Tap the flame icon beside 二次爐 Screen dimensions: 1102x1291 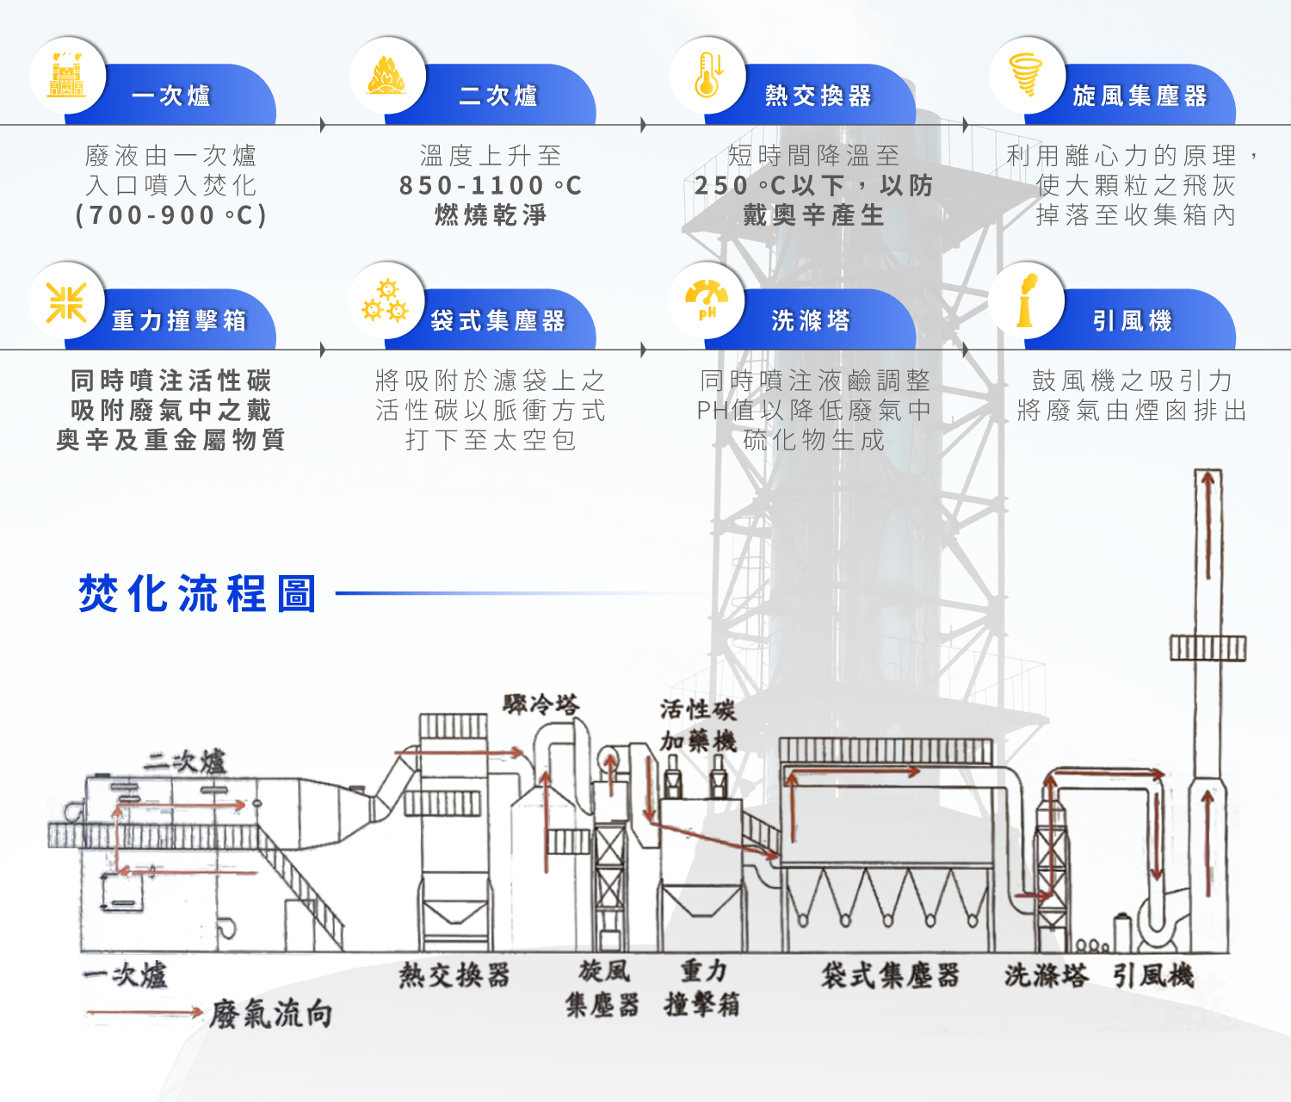[x=387, y=76]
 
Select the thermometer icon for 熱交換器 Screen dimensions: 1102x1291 [x=707, y=76]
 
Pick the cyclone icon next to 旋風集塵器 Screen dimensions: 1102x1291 [x=1027, y=76]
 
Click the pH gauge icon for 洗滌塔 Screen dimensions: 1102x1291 [x=707, y=300]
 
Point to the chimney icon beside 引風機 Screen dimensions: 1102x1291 [x=1027, y=300]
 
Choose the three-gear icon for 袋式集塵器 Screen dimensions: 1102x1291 [x=386, y=300]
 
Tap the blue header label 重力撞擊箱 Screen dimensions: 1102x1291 [x=179, y=321]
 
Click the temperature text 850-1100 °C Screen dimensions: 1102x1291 [x=491, y=185]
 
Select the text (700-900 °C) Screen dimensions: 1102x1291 [x=171, y=214]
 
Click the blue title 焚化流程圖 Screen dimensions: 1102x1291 [x=198, y=594]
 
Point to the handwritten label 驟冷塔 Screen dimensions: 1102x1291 [x=541, y=705]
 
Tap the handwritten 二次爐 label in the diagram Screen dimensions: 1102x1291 [x=184, y=762]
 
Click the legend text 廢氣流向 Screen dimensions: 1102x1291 [x=270, y=1014]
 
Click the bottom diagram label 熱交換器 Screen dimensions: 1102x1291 [x=454, y=975]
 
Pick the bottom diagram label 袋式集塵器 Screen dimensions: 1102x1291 [x=890, y=975]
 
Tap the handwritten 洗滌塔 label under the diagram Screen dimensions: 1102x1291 [x=1046, y=975]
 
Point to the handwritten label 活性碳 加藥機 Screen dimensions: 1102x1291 [x=698, y=725]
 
